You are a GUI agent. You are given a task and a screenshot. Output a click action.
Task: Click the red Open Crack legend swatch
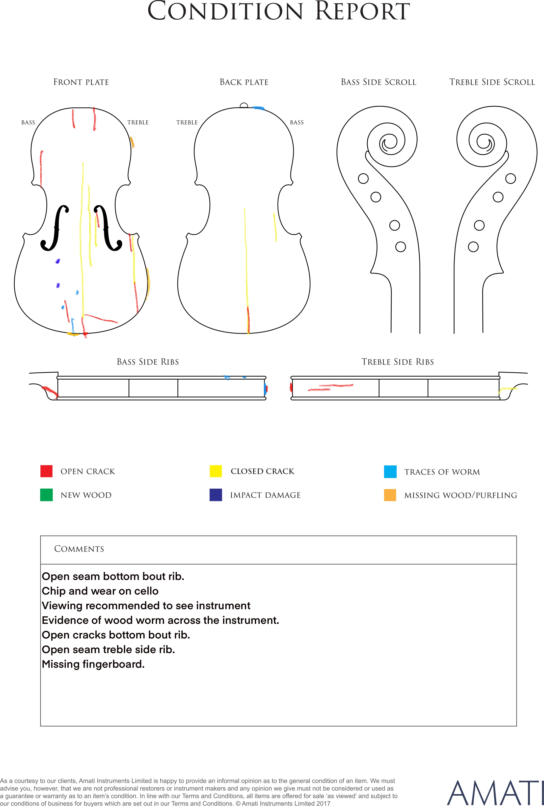coord(46,471)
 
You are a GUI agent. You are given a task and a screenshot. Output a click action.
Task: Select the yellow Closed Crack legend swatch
coord(215,471)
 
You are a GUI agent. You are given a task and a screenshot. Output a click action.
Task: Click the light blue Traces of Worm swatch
coord(390,472)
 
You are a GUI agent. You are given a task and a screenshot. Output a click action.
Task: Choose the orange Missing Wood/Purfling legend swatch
coord(390,495)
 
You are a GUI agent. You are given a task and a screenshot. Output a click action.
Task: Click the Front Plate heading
coord(81,82)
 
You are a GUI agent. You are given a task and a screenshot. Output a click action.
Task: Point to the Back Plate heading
coord(244,82)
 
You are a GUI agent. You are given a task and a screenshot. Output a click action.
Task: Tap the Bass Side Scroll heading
coord(378,82)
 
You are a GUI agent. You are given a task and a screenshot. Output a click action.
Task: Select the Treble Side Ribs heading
coord(398,362)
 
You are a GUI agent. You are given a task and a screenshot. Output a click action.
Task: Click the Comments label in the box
coord(79,549)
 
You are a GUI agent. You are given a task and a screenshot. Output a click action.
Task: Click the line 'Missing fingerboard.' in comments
coord(93,664)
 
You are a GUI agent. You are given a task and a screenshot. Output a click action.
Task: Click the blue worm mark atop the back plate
coord(258,108)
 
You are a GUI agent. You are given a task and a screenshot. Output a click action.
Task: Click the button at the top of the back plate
coord(244,105)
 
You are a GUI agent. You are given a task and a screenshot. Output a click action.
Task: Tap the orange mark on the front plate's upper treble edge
coord(132,142)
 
